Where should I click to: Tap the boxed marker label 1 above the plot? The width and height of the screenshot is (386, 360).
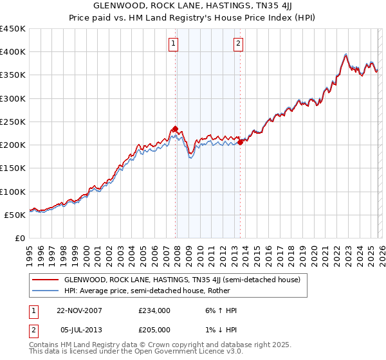174,44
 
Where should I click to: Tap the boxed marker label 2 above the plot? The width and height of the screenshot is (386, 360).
238,44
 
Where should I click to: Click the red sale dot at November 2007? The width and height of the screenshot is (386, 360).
175,129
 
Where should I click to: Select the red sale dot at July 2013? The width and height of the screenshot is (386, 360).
240,143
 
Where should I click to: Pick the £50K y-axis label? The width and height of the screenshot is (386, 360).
16,215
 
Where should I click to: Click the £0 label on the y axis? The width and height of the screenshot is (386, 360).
21,238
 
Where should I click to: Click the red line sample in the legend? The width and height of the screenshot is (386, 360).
44,280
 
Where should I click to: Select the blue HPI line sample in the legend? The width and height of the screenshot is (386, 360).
44,291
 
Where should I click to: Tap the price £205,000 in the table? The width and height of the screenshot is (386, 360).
154,330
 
